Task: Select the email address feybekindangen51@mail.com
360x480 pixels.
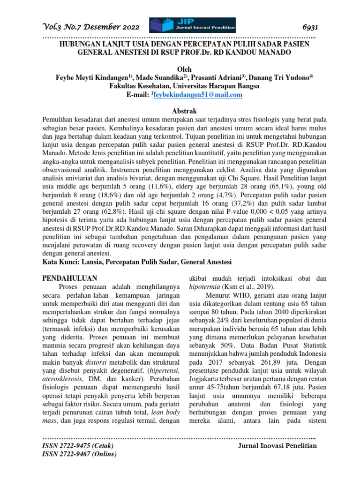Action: point(197,95)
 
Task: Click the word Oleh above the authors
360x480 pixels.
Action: point(180,69)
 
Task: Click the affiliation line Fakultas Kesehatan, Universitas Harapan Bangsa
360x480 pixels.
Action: point(180,86)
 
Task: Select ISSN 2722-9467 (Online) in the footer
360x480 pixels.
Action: point(79,454)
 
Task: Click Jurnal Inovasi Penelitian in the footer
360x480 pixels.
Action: point(278,445)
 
